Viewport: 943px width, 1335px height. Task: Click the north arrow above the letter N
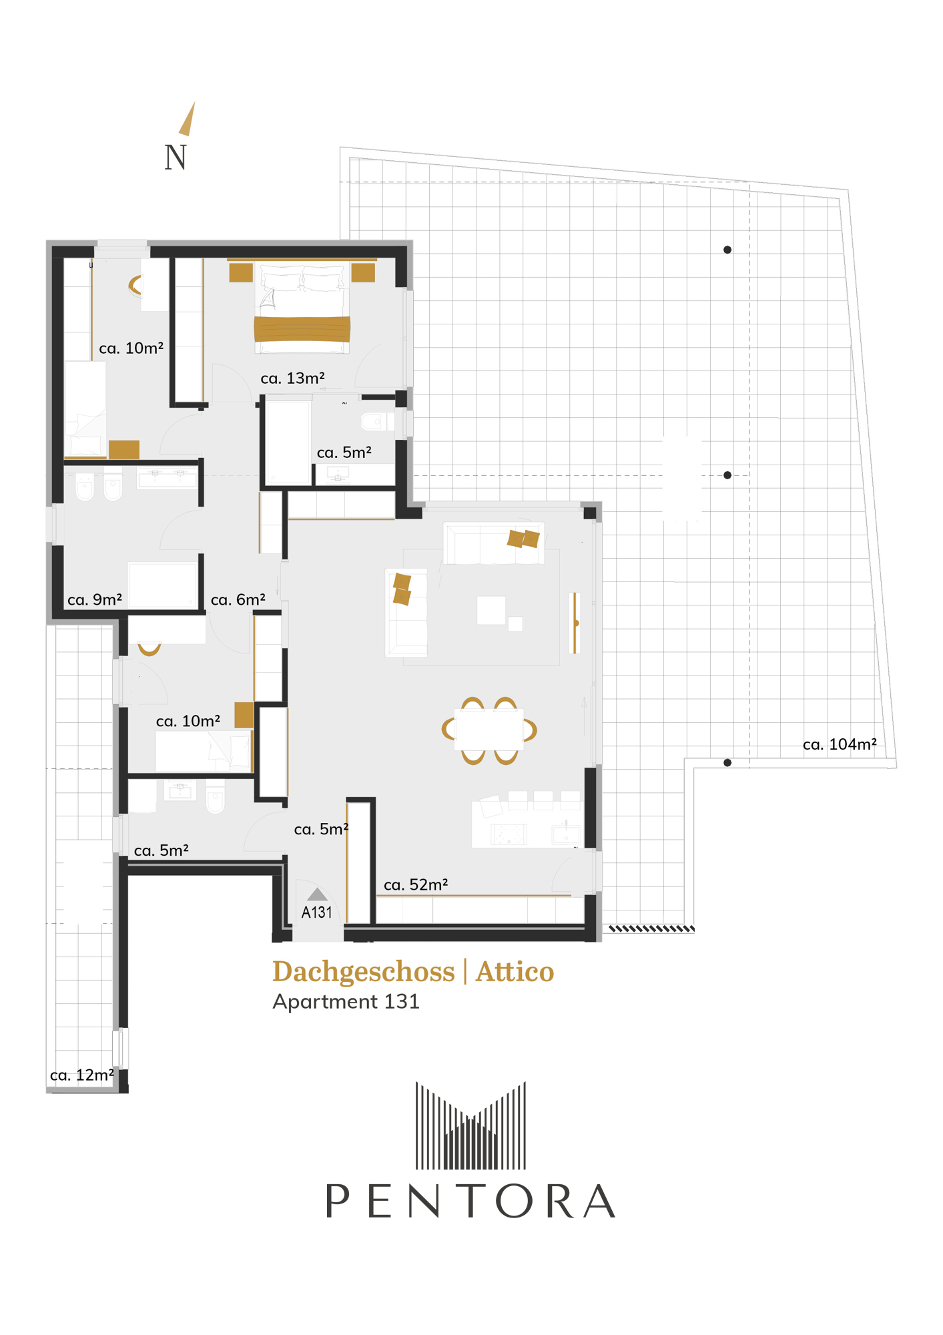pos(188,119)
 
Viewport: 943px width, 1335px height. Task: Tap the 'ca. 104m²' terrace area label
pos(840,744)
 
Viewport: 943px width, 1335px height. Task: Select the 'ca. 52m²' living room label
pos(416,884)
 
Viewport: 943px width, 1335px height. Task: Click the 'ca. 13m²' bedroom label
pos(292,378)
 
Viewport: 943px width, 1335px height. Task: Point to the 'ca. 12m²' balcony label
pos(82,1075)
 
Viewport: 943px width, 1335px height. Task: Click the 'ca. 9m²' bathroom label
pos(95,599)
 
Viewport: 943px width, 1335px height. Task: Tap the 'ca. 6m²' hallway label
pos(238,599)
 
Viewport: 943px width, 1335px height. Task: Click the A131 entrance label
pos(317,912)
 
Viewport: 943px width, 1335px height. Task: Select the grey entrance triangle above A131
pos(317,894)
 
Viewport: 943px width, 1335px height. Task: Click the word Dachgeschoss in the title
pos(364,973)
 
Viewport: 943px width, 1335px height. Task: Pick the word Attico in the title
pos(515,972)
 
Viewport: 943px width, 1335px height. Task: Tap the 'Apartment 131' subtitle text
pos(346,1002)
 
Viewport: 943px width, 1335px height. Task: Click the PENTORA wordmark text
pos(470,1201)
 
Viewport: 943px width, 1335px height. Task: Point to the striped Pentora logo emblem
pos(470,1125)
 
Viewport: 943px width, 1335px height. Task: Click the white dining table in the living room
pos(489,730)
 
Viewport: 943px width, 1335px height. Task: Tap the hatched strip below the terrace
pos(651,928)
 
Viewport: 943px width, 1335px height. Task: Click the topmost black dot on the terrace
pos(727,250)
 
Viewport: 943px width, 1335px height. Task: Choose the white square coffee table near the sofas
pos(491,610)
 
